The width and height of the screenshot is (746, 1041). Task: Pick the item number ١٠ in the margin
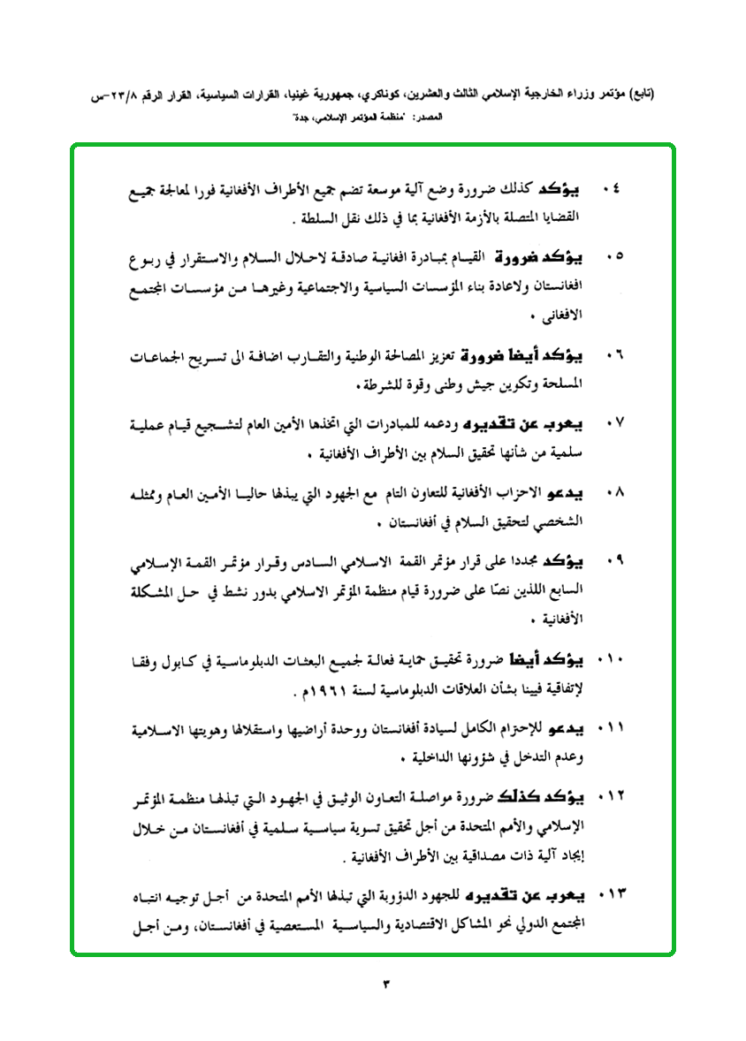pyautogui.click(x=610, y=661)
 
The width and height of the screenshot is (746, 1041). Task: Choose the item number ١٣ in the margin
pyautogui.click(x=610, y=897)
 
